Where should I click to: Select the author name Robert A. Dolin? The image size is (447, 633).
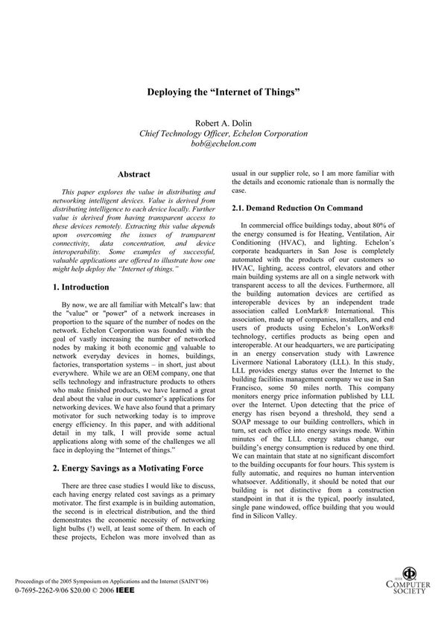click(x=223, y=123)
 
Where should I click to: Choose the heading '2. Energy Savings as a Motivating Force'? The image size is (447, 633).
click(x=123, y=469)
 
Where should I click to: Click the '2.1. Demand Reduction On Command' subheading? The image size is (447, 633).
click(x=297, y=207)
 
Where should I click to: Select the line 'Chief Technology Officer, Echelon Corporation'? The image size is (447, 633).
click(x=223, y=133)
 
